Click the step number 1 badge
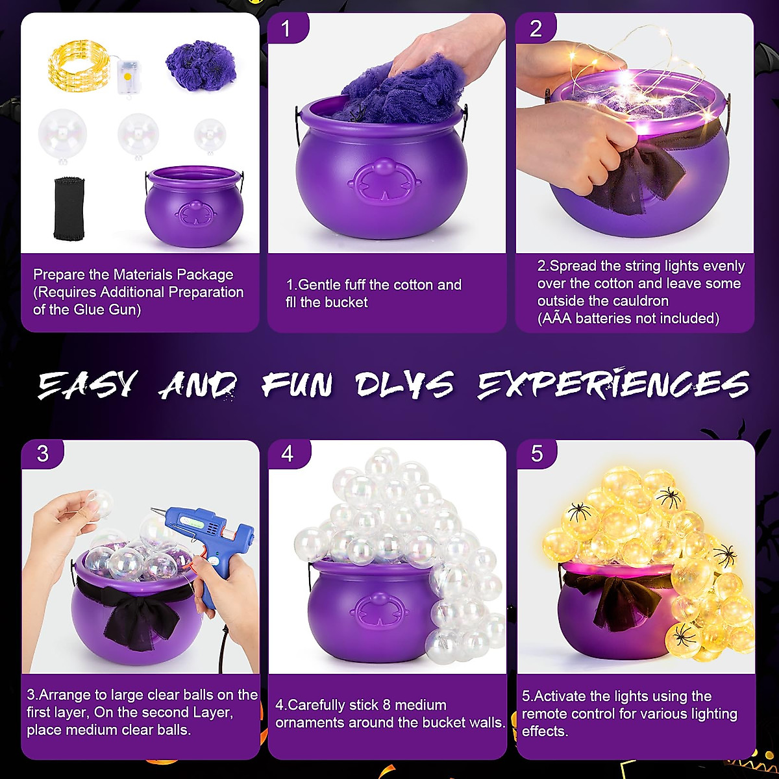(286, 29)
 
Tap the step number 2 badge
(536, 29)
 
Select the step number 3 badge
(43, 453)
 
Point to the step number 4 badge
(288, 453)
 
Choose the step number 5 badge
(537, 453)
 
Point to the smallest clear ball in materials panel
(210, 133)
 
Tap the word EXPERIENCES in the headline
(613, 384)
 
